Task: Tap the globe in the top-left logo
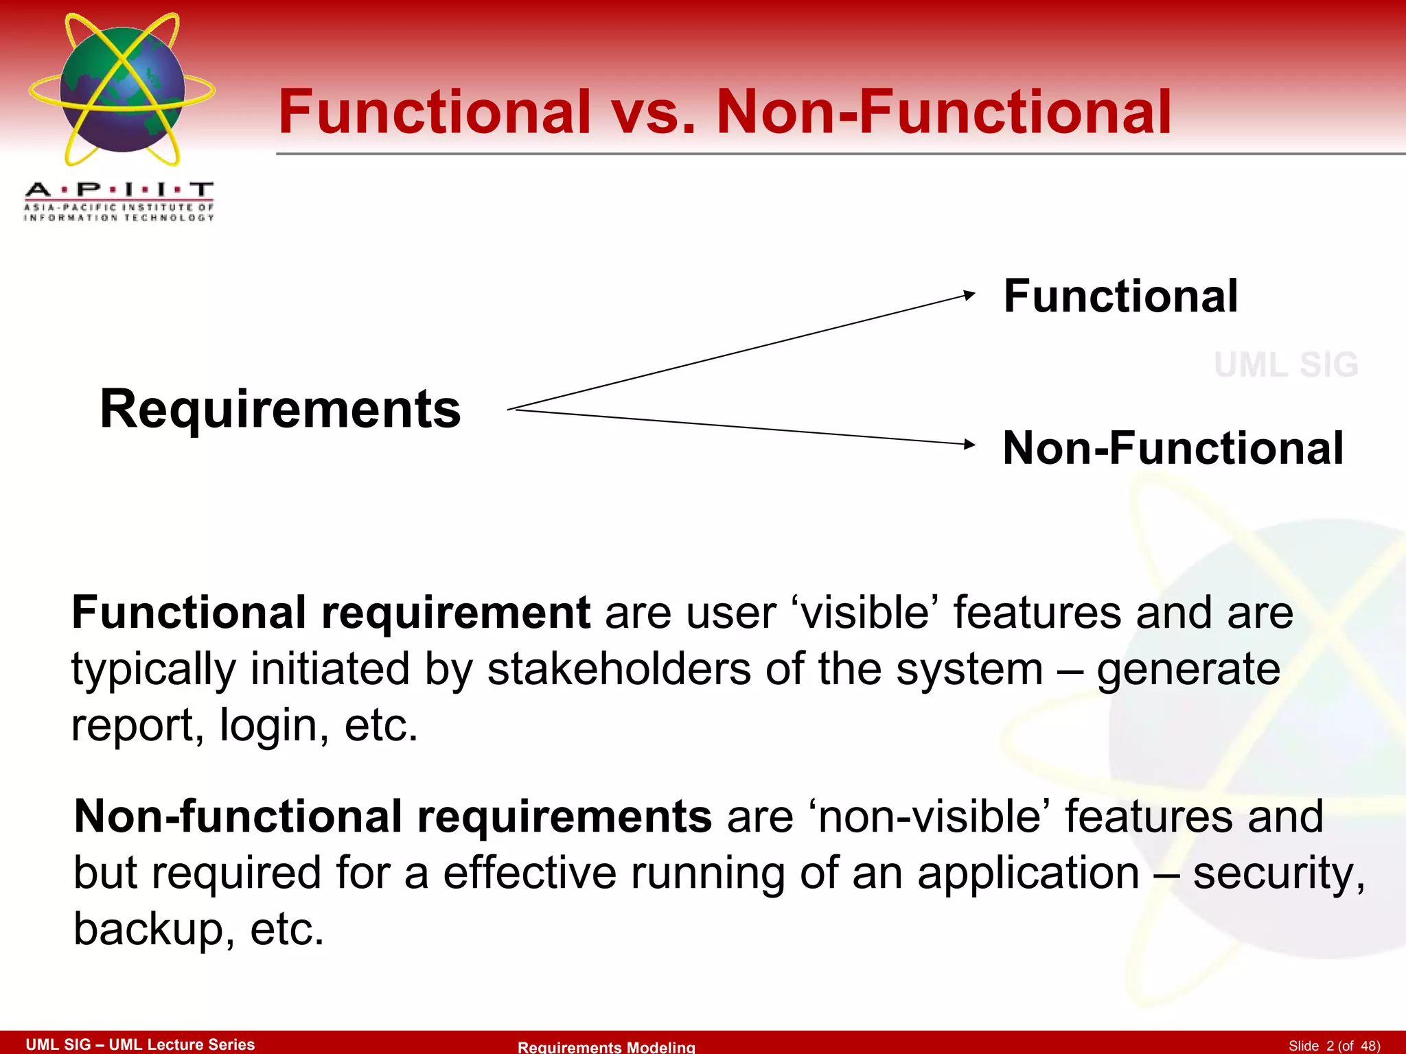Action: point(122,90)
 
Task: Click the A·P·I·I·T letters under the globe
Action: point(119,189)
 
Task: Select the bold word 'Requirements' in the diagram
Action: point(280,409)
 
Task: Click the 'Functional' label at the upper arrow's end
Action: point(1120,296)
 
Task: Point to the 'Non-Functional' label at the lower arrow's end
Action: point(1173,448)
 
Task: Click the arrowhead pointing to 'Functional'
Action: point(969,295)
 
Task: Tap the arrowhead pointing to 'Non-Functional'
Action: point(969,444)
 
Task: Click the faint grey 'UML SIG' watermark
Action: point(1286,364)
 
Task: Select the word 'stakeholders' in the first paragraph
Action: point(619,669)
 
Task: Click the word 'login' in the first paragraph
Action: point(273,725)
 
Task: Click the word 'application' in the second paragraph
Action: point(1028,873)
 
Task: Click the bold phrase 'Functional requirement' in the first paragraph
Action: point(331,612)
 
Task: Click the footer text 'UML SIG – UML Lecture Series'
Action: point(140,1044)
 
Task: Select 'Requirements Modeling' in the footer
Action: point(606,1046)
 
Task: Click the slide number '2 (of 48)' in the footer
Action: point(1352,1045)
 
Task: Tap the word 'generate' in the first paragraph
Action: point(1188,669)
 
